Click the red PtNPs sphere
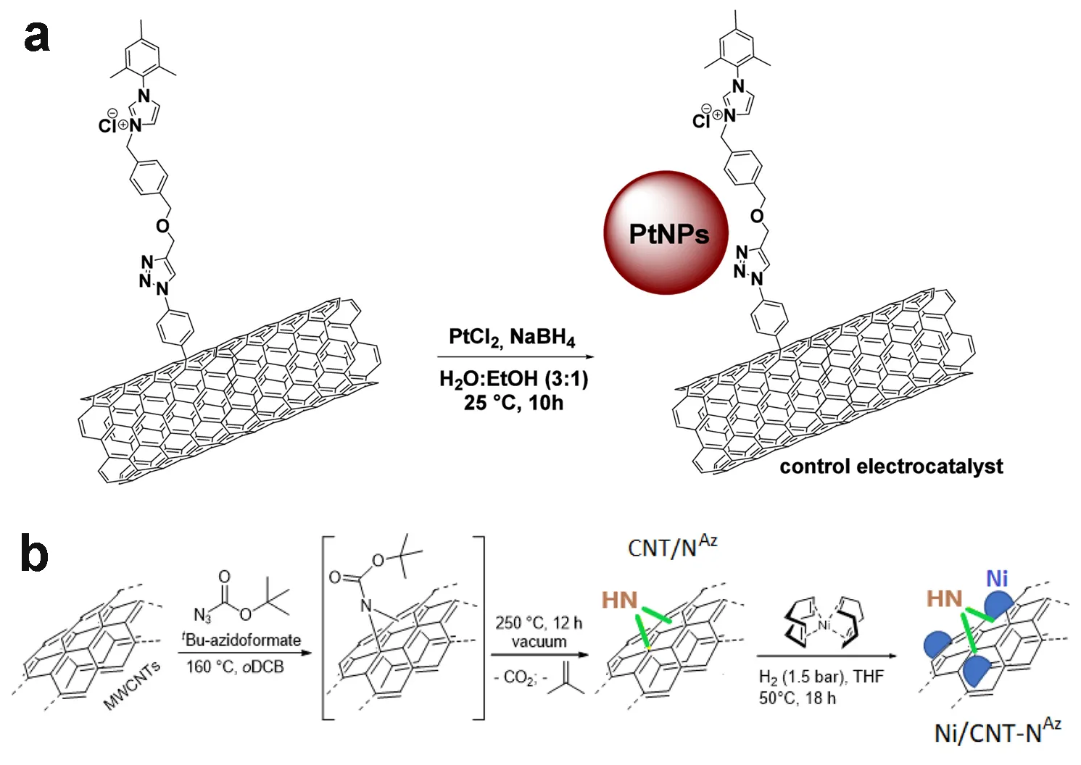click(666, 233)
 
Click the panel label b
click(34, 553)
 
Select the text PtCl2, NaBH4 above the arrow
click(512, 338)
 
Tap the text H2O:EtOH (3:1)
click(513, 379)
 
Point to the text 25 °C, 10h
click(513, 403)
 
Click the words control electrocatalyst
click(891, 467)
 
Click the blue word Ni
click(997, 579)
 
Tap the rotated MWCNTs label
click(132, 685)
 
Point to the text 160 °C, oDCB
click(235, 666)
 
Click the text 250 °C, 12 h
click(539, 623)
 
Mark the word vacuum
click(539, 642)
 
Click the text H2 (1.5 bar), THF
click(821, 677)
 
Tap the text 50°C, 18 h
click(797, 698)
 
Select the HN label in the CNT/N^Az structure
click(619, 601)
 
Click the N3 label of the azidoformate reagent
click(202, 615)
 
